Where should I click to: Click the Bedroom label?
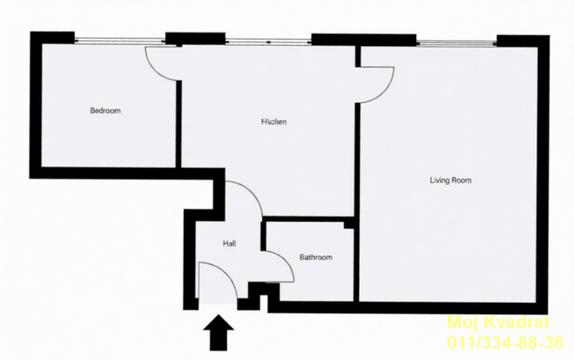point(106,111)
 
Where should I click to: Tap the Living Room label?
point(451,180)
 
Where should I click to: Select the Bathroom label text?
point(316,258)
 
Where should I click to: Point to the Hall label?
point(230,243)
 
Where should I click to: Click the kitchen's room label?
point(274,122)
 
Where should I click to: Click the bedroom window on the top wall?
point(120,40)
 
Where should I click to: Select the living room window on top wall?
point(456,42)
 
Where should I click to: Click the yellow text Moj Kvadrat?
point(498,322)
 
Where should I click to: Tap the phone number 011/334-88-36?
point(505,343)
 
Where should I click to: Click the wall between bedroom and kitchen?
point(178,123)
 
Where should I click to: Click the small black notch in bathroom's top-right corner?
point(348,224)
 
